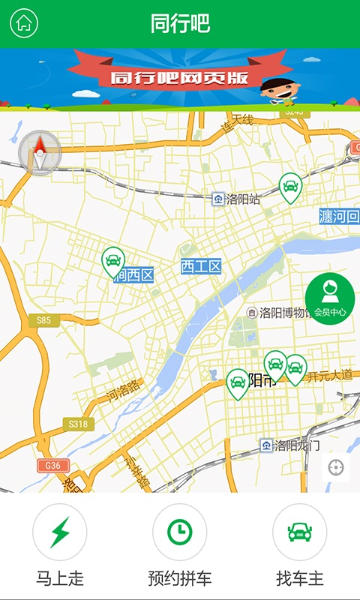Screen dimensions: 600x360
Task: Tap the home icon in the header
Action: (x=24, y=23)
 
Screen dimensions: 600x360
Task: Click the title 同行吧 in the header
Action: (x=180, y=23)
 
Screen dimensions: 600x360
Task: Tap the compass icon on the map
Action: (x=39, y=153)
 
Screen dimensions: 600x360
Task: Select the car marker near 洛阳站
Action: (x=290, y=187)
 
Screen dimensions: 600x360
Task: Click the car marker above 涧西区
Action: (x=112, y=261)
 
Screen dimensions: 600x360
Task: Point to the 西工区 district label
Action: (x=202, y=266)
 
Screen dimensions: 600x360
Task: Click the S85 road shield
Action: (x=43, y=321)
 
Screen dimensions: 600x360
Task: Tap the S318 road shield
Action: (x=78, y=424)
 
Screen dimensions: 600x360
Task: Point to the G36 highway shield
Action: (x=52, y=465)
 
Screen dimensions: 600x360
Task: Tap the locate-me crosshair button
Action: (x=335, y=468)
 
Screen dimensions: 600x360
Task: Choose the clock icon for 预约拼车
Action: (x=179, y=532)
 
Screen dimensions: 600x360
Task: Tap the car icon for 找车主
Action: (x=299, y=532)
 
